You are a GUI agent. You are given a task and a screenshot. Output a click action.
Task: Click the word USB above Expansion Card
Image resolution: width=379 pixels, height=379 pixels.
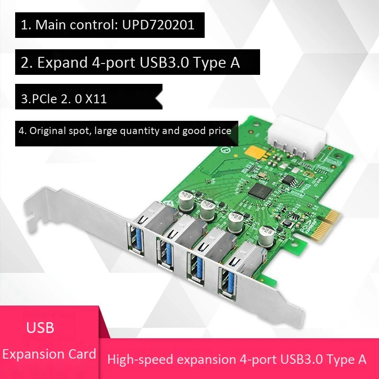click(40, 327)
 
